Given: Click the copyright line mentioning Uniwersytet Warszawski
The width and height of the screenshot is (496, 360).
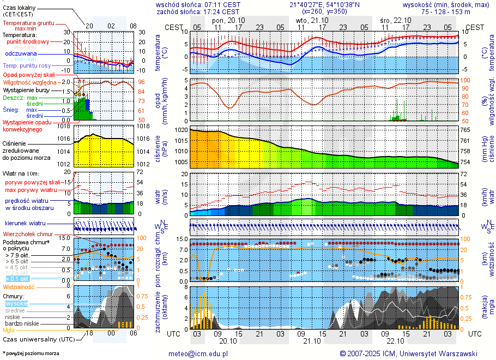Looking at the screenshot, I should [x=408, y=353].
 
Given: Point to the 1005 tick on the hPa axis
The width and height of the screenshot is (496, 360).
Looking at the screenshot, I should [x=182, y=162].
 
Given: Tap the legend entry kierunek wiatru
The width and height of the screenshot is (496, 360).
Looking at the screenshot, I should [x=26, y=224].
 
